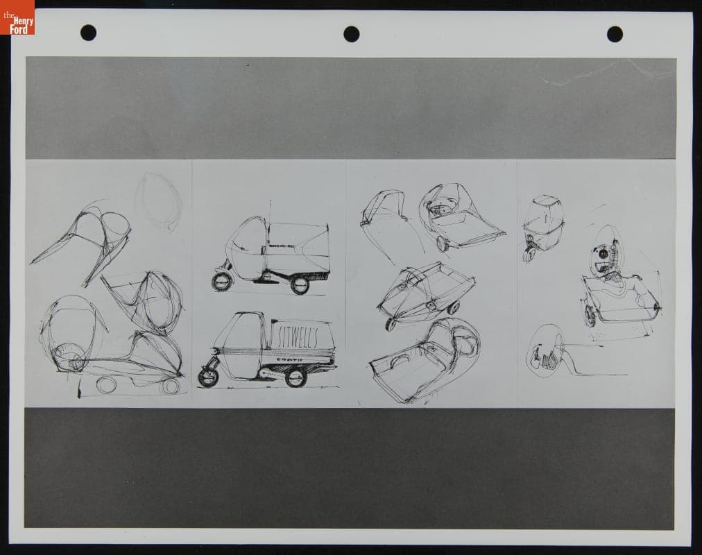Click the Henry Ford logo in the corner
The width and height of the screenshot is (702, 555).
[x=17, y=17]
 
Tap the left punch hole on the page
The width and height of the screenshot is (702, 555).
[x=88, y=33]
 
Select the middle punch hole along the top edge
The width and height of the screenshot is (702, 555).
[x=352, y=34]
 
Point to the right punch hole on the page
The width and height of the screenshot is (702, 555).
[x=615, y=34]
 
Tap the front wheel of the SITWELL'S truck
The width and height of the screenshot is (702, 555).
[x=208, y=377]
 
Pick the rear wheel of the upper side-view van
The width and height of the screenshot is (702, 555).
[x=300, y=284]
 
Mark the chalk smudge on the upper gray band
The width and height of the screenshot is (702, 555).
[x=597, y=72]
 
